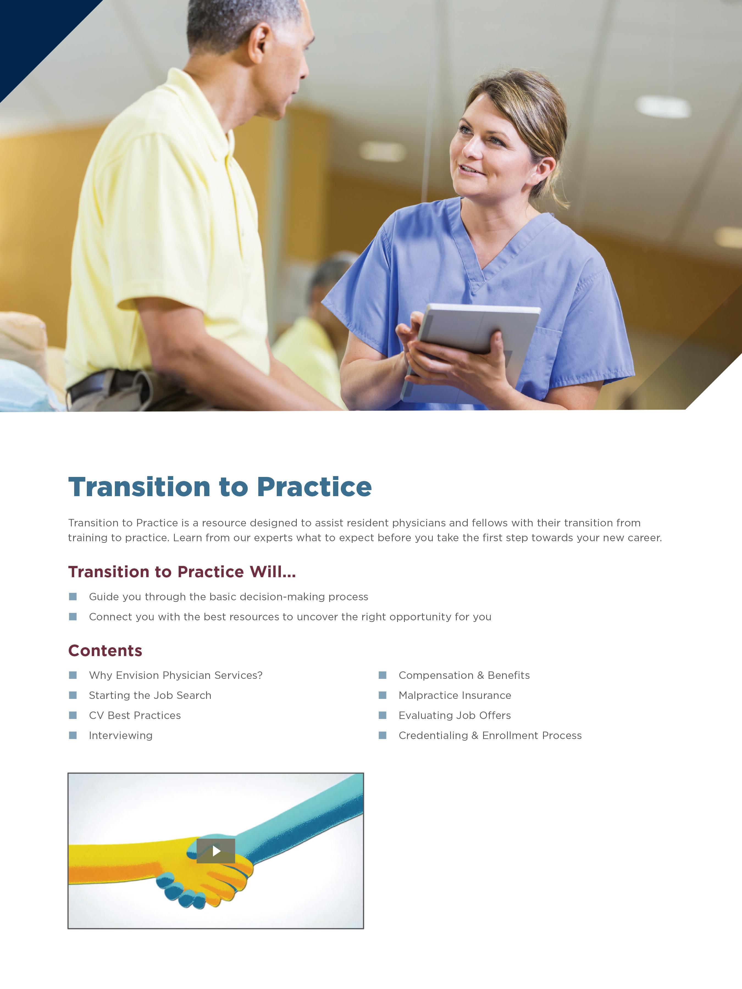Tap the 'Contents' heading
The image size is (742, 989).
(105, 651)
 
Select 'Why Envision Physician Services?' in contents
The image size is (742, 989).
(176, 675)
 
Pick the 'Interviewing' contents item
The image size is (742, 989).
(121, 735)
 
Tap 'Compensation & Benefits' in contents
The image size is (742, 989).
(464, 675)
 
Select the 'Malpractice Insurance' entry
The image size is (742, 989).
(455, 695)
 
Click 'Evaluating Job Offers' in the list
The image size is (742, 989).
(455, 715)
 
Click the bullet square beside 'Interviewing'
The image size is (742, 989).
(73, 735)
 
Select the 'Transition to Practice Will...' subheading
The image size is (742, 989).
(182, 572)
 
